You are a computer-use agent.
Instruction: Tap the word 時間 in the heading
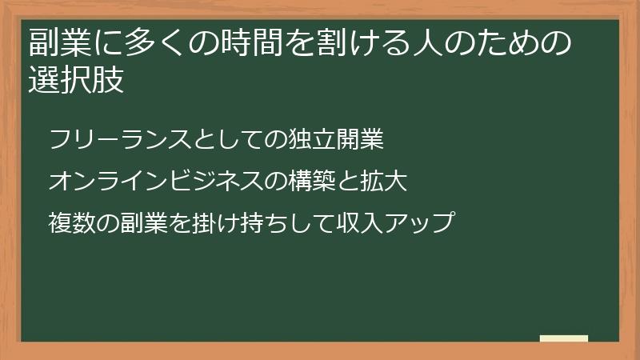(x=247, y=42)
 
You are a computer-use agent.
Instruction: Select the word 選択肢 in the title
(x=77, y=81)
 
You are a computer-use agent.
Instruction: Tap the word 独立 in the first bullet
(x=312, y=140)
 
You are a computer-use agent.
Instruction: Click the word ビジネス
(x=210, y=182)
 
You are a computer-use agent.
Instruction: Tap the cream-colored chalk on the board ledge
(x=563, y=338)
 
